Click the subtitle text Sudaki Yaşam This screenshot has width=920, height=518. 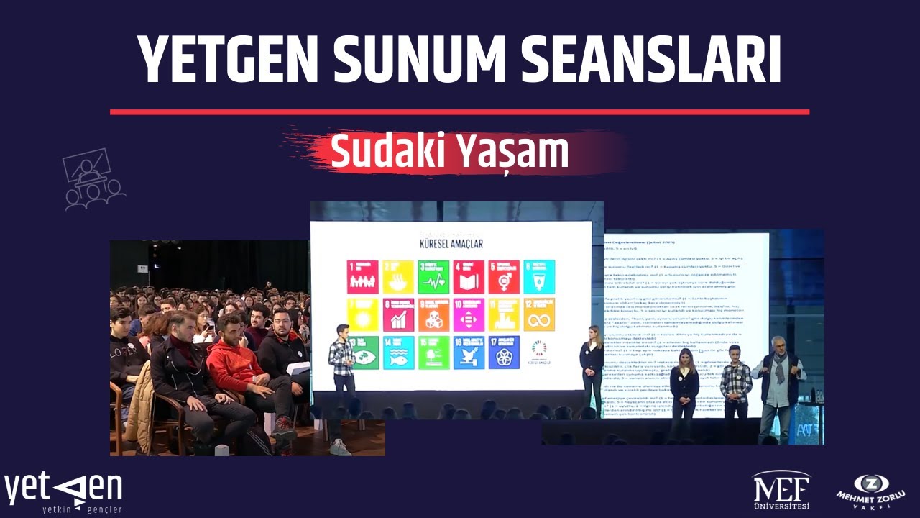[449, 151]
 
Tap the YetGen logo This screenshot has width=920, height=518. [63, 493]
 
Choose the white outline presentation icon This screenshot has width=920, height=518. [93, 179]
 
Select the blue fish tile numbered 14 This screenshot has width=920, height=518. [398, 353]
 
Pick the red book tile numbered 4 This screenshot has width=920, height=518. [469, 277]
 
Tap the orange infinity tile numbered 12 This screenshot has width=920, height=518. [539, 314]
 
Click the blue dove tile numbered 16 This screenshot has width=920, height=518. [469, 353]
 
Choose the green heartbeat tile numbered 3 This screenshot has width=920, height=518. [433, 277]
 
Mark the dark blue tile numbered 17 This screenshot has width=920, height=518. [504, 353]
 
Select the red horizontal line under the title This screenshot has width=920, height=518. [459, 112]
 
